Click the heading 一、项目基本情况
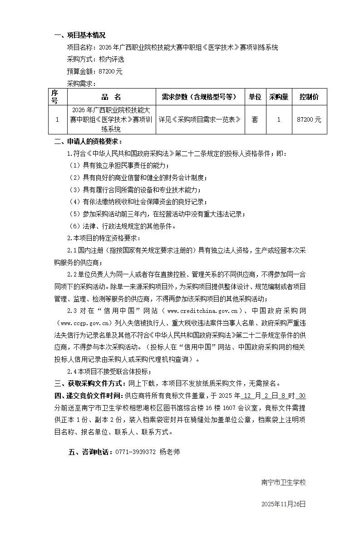tap(80, 35)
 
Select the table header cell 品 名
tap(111, 97)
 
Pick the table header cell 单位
tap(255, 97)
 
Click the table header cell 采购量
tap(279, 97)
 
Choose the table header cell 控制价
tap(309, 97)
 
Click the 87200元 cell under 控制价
tap(309, 119)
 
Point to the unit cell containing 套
tap(255, 119)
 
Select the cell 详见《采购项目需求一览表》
tap(199, 119)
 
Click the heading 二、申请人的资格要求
tap(88, 142)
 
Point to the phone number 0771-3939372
tap(136, 452)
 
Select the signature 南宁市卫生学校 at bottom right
tap(284, 482)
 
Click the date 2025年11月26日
tap(284, 504)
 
